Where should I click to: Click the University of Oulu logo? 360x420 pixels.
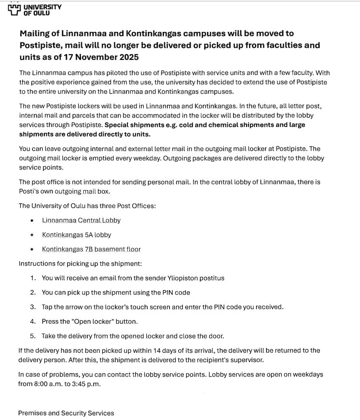pos(35,10)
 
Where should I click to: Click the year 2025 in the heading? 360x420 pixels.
pos(127,57)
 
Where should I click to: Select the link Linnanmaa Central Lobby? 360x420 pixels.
pos(81,220)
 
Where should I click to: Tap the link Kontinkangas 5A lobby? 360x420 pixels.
pos(76,235)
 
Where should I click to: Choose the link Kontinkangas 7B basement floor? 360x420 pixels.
pos(91,249)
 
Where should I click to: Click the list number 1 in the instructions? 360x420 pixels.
pos(32,278)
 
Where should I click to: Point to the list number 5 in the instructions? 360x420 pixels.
pos(32,336)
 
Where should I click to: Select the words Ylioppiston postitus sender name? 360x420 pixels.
pos(195,278)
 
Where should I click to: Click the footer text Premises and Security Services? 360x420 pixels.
pos(66,413)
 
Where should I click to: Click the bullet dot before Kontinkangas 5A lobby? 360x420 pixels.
pos(32,235)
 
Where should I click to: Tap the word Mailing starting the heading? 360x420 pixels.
pos(37,34)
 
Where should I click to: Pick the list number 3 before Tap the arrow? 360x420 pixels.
pos(32,307)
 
